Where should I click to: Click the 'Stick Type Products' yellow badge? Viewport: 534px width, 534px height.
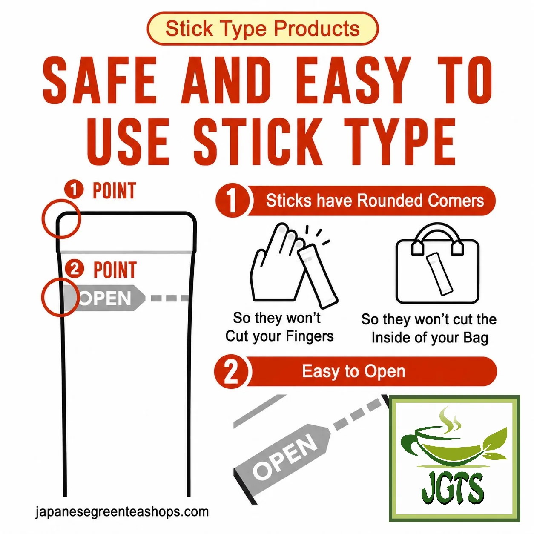coord(262,28)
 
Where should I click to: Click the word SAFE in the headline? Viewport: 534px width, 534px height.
coord(100,80)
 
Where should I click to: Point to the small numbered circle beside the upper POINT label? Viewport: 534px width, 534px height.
coord(74,190)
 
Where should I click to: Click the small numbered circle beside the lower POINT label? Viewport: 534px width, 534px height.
coord(74,269)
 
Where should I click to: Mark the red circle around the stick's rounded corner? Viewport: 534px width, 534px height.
coord(61,219)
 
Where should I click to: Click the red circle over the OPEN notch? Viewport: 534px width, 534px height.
coord(60,297)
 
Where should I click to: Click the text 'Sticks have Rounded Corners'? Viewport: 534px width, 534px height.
coord(375,200)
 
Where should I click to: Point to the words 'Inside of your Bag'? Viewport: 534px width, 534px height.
coord(430,338)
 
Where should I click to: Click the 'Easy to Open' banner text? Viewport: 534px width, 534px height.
coord(353,371)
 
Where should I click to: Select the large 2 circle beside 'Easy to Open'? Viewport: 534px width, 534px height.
coord(232,371)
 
